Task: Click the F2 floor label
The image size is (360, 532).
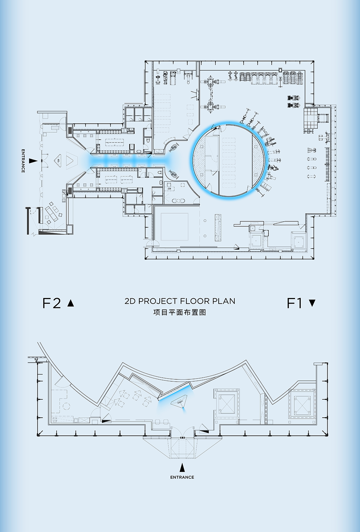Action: tap(52, 303)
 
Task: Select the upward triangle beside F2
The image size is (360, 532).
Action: tap(71, 303)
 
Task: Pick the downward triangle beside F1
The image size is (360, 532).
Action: tap(312, 303)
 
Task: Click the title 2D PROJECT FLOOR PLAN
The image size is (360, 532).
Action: tap(180, 301)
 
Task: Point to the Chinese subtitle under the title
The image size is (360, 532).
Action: tap(180, 312)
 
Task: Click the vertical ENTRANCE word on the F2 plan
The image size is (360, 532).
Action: tap(23, 161)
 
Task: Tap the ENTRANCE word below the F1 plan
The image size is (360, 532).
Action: tap(182, 477)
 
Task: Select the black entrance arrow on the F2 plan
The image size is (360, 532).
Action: tap(33, 161)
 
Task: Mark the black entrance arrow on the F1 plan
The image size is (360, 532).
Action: tap(182, 468)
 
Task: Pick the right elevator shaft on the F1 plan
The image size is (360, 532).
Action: tap(302, 404)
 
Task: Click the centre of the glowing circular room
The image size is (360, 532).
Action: tap(229, 160)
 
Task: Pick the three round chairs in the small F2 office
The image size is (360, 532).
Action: tap(178, 201)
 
